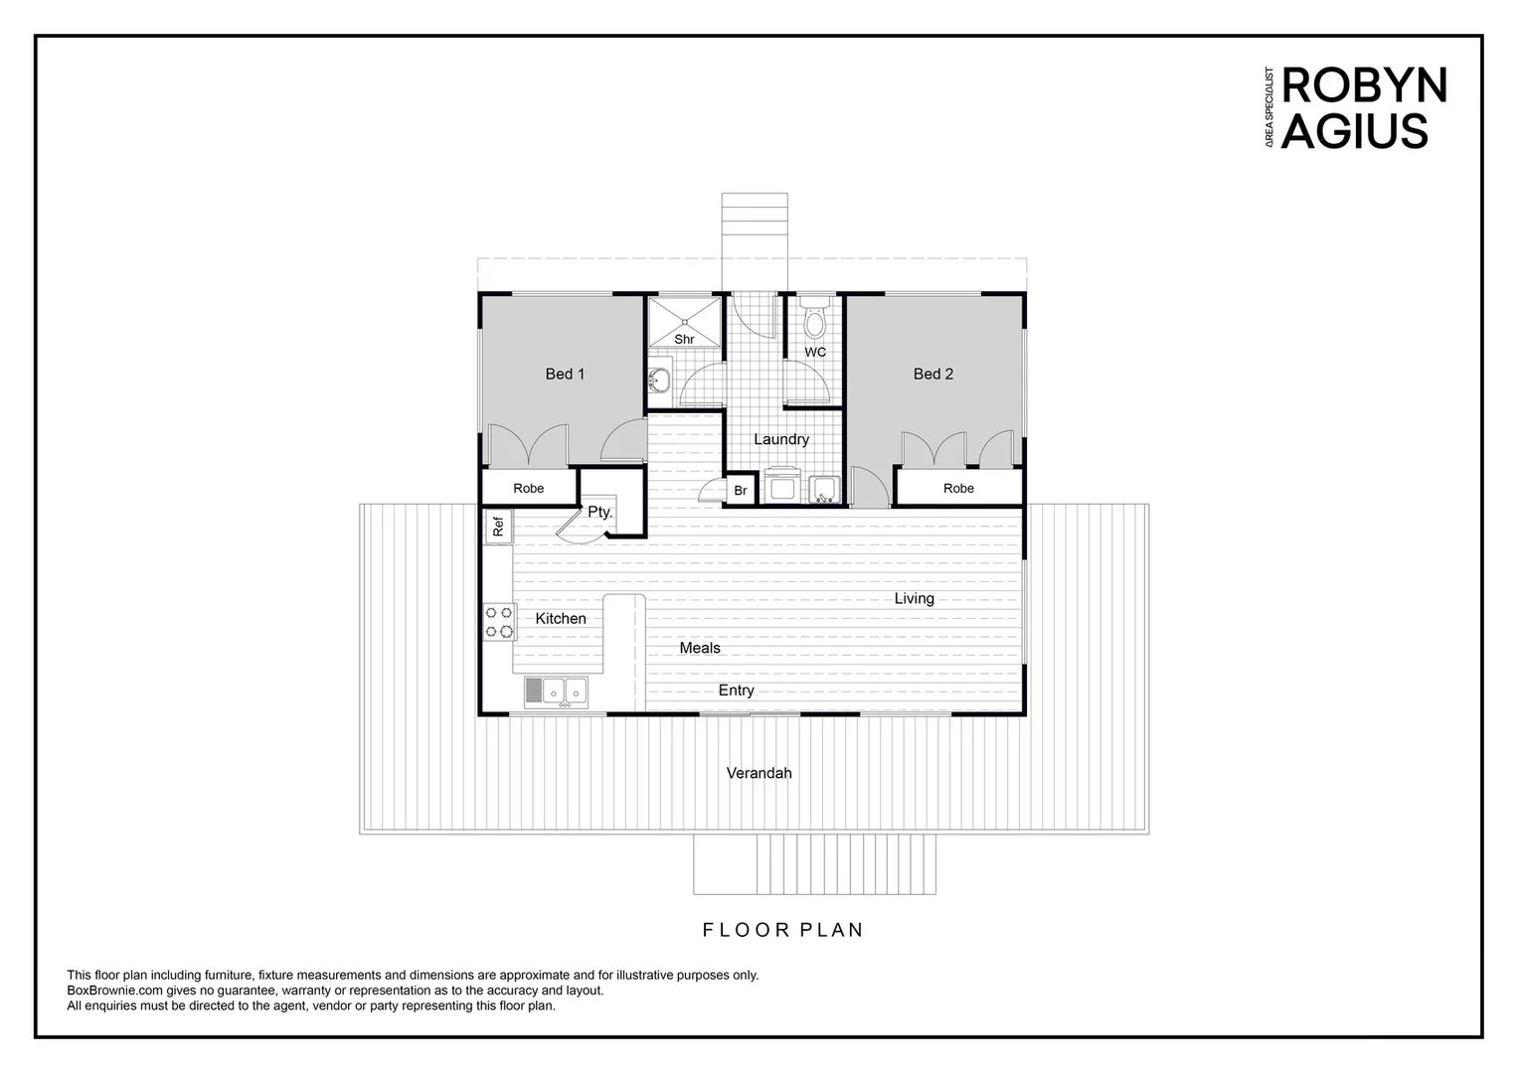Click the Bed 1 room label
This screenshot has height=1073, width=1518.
pos(565,374)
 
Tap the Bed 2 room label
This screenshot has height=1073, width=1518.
pos(932,374)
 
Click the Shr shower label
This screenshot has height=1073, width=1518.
pos(684,339)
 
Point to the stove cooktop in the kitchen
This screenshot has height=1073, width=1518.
pos(499,622)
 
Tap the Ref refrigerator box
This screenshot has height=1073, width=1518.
pos(499,526)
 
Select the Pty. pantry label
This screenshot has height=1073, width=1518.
pos(599,513)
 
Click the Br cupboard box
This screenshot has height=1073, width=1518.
pos(741,491)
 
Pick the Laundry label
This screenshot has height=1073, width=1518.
pos(780,439)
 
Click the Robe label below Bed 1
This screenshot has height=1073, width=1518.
pos(529,488)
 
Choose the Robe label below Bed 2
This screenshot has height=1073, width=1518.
pos(958,488)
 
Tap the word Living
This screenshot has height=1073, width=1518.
pos(914,598)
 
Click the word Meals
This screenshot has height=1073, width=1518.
pos(700,648)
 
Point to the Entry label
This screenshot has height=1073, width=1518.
pos(736,690)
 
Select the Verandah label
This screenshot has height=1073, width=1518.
pos(759,773)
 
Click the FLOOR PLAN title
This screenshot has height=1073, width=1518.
pos(782,930)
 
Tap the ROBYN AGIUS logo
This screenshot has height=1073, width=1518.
pos(1359,108)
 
